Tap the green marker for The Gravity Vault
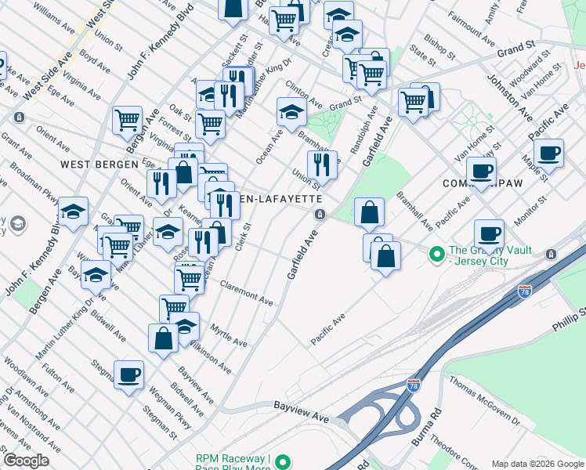[436, 252]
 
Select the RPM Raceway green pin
[284, 462]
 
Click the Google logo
[26, 461]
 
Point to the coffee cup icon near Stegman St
[128, 374]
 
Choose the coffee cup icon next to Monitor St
[490, 233]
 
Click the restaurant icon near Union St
[321, 164]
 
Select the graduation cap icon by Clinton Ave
[291, 110]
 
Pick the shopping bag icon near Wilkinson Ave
[163, 338]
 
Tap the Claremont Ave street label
[247, 292]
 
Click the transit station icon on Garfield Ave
[320, 215]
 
